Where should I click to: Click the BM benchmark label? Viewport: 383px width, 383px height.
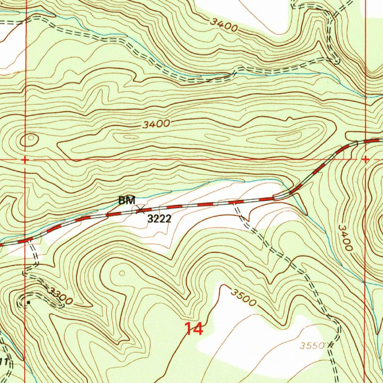click(x=126, y=201)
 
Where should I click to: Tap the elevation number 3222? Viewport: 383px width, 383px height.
click(x=159, y=219)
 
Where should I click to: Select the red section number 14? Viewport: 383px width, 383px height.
click(x=194, y=329)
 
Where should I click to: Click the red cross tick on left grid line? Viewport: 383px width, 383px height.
click(x=25, y=160)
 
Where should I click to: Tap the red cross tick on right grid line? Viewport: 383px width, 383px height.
click(x=365, y=160)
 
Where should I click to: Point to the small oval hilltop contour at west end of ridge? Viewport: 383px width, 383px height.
click(x=29, y=140)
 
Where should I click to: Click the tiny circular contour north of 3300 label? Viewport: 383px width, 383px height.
click(x=122, y=273)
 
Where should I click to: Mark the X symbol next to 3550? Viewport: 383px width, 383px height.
click(x=330, y=345)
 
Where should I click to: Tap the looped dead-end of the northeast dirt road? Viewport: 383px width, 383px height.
click(x=335, y=60)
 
